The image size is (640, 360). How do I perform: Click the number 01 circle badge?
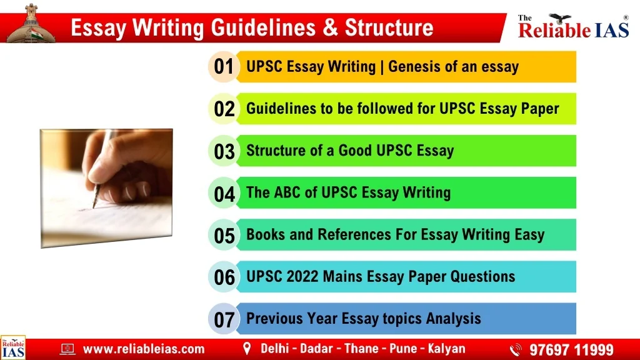click(x=223, y=66)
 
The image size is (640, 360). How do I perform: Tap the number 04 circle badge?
click(x=223, y=192)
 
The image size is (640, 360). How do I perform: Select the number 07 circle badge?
click(x=223, y=319)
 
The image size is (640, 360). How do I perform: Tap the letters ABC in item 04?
click(x=287, y=192)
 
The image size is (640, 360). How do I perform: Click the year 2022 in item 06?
click(x=302, y=276)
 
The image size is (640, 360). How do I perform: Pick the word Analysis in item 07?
click(x=454, y=318)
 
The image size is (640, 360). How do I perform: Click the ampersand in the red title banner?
click(x=330, y=27)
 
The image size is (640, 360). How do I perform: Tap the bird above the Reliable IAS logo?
click(x=559, y=18)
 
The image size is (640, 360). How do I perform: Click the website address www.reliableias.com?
click(x=144, y=349)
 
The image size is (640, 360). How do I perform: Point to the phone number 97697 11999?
click(x=571, y=349)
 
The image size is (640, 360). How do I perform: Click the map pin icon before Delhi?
click(x=246, y=349)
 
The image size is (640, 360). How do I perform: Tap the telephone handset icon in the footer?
click(x=516, y=350)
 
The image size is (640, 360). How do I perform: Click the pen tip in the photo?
click(x=94, y=205)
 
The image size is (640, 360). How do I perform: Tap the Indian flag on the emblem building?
click(x=36, y=32)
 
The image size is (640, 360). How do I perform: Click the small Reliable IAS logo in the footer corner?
click(x=13, y=347)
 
